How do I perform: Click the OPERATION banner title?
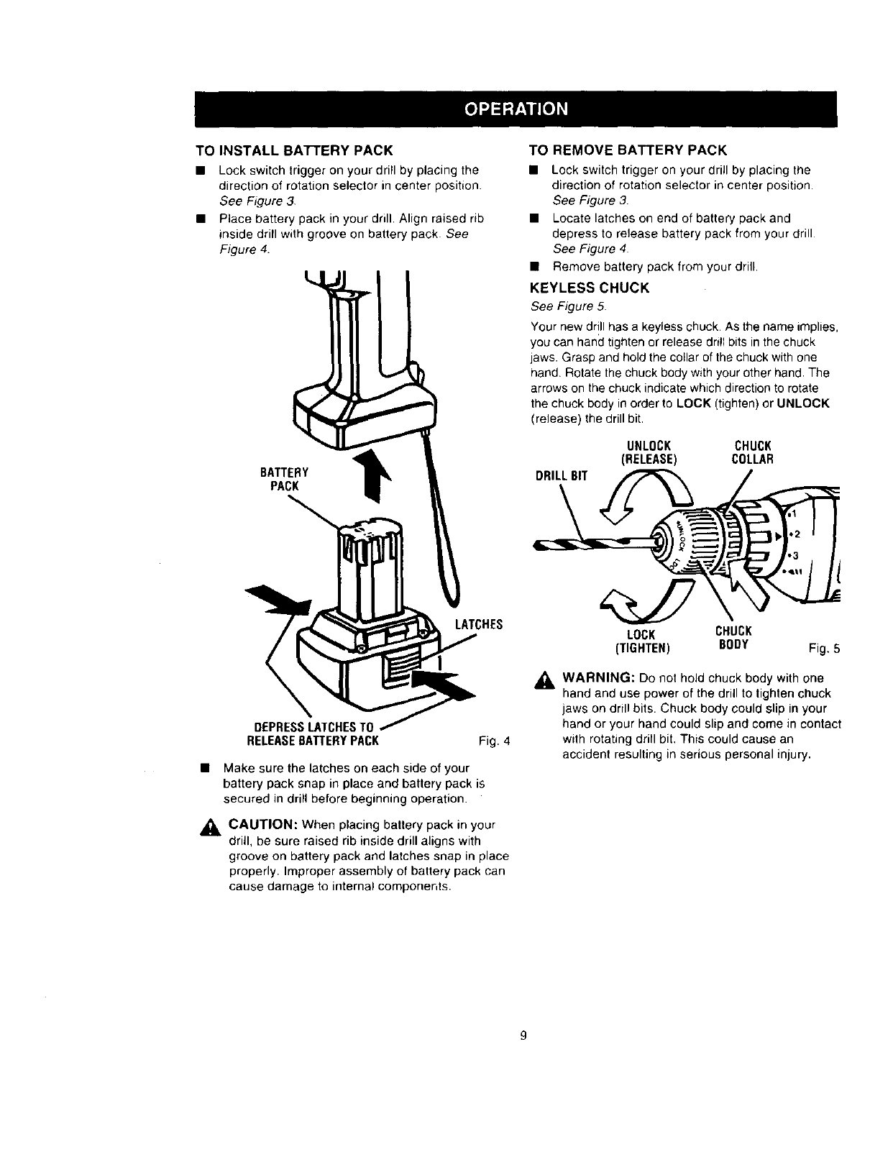(516, 109)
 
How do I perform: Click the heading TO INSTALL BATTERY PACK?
(295, 150)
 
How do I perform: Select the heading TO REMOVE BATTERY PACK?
(628, 150)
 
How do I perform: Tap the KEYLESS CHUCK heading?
(589, 288)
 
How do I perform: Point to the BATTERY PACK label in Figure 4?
(285, 479)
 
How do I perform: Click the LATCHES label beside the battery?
(479, 624)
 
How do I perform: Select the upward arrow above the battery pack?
(373, 475)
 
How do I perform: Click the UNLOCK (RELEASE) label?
(646, 452)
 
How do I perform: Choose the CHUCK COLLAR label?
(752, 452)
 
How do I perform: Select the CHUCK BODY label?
(733, 638)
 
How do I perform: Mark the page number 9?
(523, 1036)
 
